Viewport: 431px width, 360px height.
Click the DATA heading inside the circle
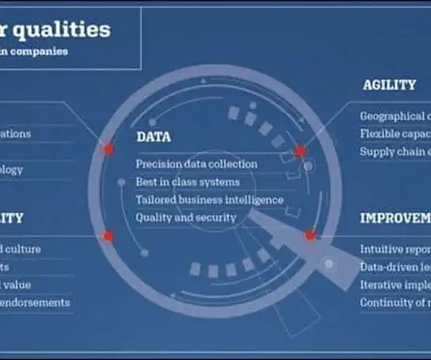pyautogui.click(x=153, y=137)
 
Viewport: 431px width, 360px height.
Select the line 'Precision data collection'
pyautogui.click(x=196, y=164)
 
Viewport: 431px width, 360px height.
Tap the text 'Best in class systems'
pyautogui.click(x=188, y=182)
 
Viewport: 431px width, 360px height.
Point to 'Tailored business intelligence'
pyautogui.click(x=209, y=200)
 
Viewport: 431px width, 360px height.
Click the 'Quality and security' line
pyautogui.click(x=185, y=218)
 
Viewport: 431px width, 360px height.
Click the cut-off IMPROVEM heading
pyautogui.click(x=395, y=218)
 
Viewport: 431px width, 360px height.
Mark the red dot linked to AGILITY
pyautogui.click(x=300, y=151)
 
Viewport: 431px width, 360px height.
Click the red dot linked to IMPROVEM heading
pyautogui.click(x=309, y=235)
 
